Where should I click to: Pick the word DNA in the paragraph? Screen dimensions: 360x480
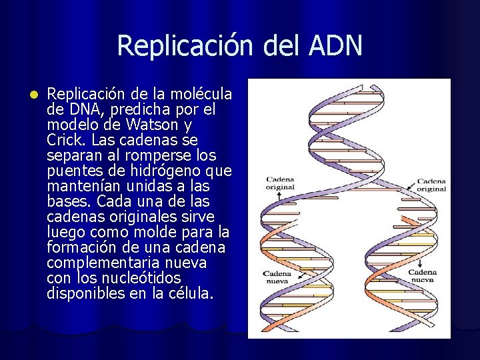[82, 109]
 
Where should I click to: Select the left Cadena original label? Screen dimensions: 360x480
[280, 183]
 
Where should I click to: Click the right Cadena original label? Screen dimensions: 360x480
[431, 185]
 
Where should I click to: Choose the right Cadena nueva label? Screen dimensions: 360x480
[422, 276]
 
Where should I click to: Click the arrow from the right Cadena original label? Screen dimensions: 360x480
[407, 182]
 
